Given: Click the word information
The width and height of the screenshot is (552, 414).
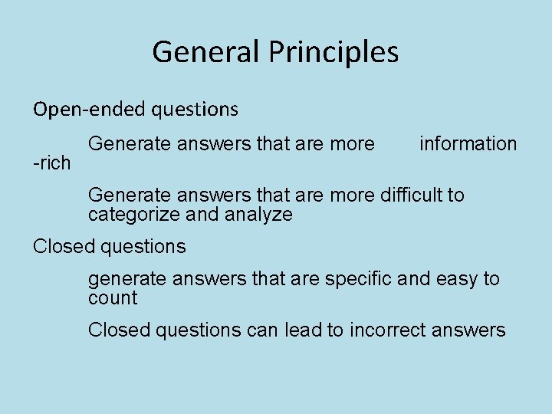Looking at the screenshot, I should (x=468, y=144).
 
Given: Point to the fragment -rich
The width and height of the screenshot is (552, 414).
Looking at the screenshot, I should (x=51, y=163).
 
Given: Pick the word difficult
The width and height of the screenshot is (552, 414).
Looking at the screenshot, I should (x=412, y=195).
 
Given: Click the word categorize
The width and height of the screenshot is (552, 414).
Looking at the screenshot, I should (x=134, y=215).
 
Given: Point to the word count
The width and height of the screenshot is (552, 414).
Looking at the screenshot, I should (x=113, y=298).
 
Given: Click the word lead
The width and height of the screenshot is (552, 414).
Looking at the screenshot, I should (x=301, y=330).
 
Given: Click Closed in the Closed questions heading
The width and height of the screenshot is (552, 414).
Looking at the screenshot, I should (x=61, y=247).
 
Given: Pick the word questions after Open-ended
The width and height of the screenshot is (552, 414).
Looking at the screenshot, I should (x=195, y=110).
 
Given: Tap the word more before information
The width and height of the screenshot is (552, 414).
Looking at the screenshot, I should (x=352, y=144).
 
